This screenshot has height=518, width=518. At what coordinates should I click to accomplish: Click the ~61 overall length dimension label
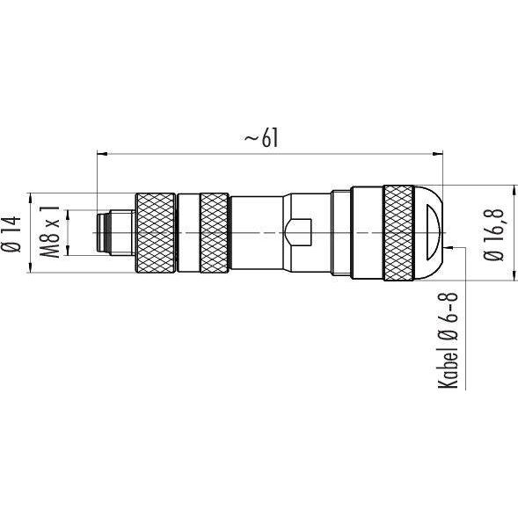click(x=261, y=137)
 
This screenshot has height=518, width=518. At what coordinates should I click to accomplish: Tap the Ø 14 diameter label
click(x=12, y=234)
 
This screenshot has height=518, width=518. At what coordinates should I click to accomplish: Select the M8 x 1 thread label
click(x=49, y=231)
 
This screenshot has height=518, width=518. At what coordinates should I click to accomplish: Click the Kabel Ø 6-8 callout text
click(x=448, y=340)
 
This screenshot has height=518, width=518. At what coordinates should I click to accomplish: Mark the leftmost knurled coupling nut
click(x=156, y=233)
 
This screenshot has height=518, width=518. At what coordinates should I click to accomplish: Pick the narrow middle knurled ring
click(x=215, y=233)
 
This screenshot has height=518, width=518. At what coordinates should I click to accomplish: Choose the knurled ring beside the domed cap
click(x=399, y=233)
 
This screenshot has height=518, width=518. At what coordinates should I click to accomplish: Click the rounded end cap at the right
click(x=428, y=233)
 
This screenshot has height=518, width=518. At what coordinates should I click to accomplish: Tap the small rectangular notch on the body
click(x=298, y=232)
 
